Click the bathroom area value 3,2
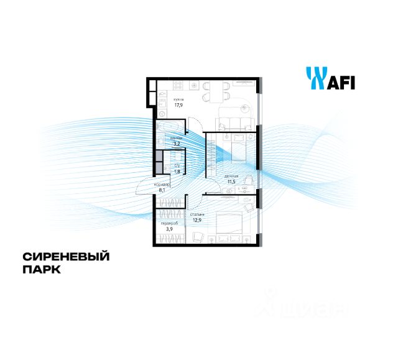[x=176, y=144]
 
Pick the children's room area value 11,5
[x=231, y=182]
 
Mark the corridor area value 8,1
[x=162, y=191]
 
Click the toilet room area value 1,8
[x=177, y=172]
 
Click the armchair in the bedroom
[x=200, y=237]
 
